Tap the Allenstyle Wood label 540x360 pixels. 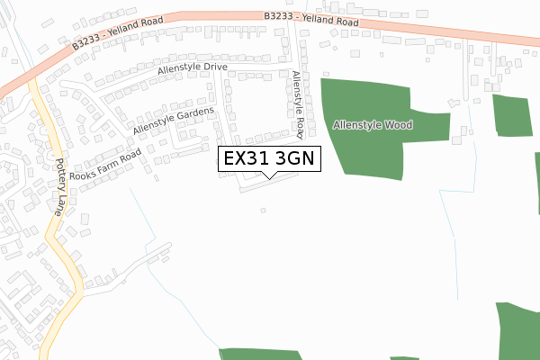373,125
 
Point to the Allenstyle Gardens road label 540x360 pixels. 173,121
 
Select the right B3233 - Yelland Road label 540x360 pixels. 311,18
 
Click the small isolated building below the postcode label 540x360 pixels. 263,211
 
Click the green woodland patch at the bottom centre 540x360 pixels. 261,355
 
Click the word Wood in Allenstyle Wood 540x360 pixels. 399,125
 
